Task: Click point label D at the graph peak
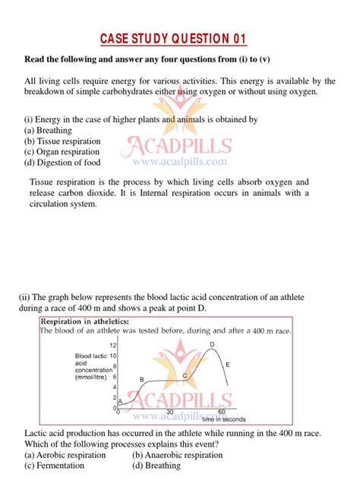[212, 345]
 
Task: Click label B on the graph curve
[141, 379]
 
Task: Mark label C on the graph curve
[185, 375]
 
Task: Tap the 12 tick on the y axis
[113, 346]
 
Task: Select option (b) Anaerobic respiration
[178, 455]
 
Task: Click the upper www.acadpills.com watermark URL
[180, 162]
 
